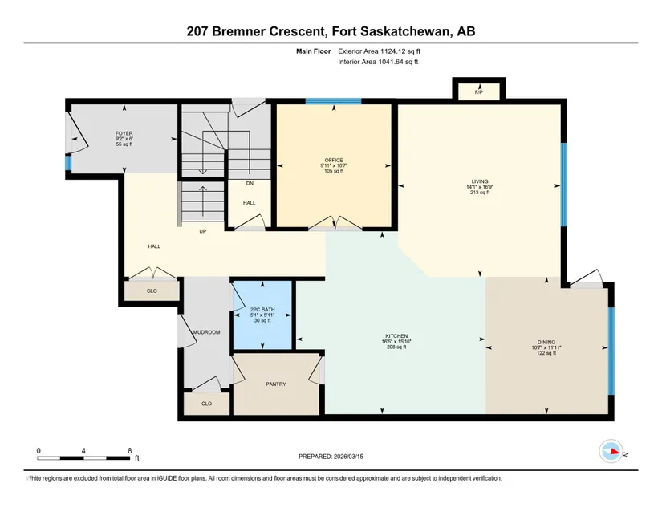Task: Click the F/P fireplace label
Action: pos(478,92)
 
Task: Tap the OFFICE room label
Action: pos(334,160)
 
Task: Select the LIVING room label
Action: pos(480,181)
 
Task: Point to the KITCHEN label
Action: pos(396,336)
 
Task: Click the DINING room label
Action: pos(546,343)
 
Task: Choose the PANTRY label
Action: pos(276,384)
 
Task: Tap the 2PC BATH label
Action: pos(262,310)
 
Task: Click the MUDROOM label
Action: pos(206,332)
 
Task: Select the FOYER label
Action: pos(124,133)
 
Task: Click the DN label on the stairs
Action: pos(250,183)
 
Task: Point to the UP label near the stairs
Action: pos(203,231)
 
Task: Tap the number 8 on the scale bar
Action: pos(130,451)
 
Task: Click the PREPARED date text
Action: pos(331,457)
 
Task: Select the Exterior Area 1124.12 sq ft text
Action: pos(379,51)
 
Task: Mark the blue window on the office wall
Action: pos(334,101)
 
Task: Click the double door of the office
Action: pos(335,223)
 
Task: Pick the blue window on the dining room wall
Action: pos(611,351)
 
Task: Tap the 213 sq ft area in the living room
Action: pos(480,193)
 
